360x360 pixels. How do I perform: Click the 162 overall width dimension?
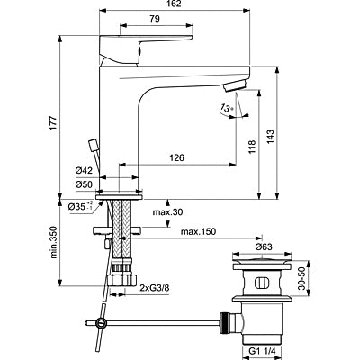pos(174,4)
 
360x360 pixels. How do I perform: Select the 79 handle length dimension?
pos(155,19)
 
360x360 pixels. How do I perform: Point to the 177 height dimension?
pos(53,122)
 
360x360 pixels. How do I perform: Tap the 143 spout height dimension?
pos(270,137)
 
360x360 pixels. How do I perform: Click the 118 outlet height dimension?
pos(252,147)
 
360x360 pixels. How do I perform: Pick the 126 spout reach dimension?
pos(176,157)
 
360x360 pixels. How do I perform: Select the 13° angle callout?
pos(227,108)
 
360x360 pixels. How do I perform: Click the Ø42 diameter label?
pos(84,171)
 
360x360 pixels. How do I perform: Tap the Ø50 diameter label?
pos(84,184)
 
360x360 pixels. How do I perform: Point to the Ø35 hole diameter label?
pos(80,206)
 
